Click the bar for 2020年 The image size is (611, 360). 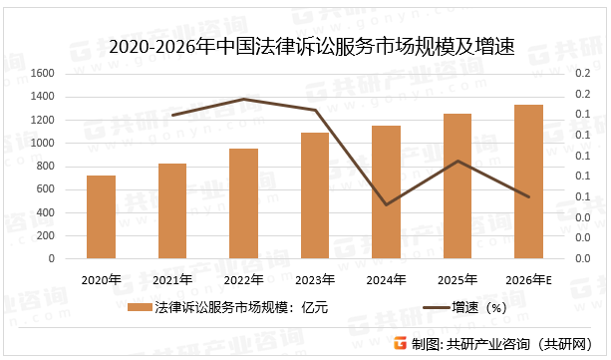(101, 216)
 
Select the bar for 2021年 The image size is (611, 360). (172, 210)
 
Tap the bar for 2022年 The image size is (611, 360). (243, 203)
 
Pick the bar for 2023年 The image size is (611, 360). (315, 195)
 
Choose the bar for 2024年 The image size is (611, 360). (386, 191)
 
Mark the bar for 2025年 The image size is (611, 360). (458, 185)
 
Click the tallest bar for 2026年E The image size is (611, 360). (528, 181)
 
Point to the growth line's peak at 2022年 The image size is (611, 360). (243, 99)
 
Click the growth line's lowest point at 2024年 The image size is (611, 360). (386, 204)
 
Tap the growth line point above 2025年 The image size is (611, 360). (458, 161)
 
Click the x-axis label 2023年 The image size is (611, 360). (315, 279)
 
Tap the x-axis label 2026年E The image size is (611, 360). (529, 279)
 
